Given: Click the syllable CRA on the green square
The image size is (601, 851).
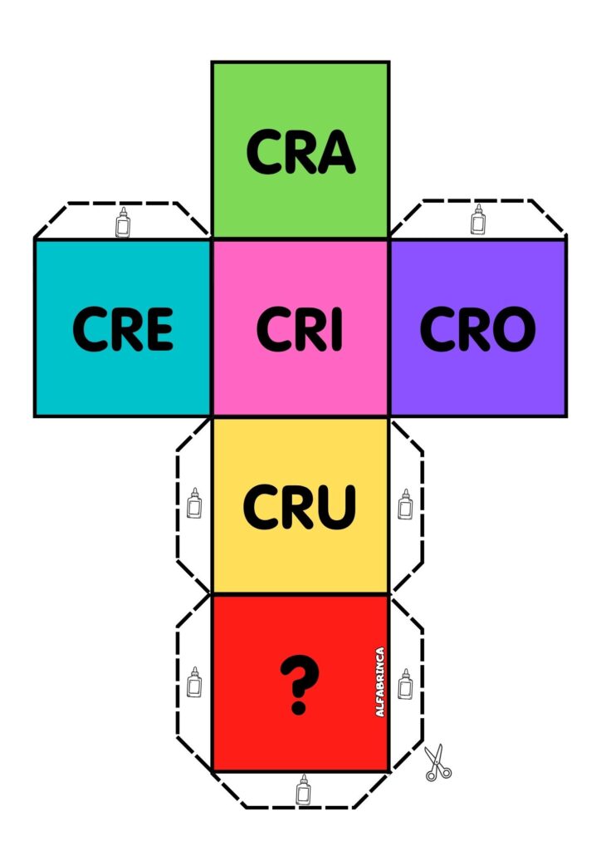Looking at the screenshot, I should pos(300,152).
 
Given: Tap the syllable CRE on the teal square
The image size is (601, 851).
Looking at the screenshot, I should pos(123,329).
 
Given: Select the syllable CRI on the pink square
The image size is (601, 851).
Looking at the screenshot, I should pos(299,329).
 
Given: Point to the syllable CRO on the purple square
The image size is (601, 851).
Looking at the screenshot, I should pos(477,329).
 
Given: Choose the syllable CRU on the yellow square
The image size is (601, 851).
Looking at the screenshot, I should pos(299,506).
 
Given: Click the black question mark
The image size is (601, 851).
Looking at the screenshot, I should pos(299,684).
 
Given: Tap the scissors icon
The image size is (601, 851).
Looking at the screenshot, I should pos(437,762).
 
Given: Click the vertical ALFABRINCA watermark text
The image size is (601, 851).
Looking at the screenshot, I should pos(380,682).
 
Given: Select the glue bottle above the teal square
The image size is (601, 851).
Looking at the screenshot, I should pos(123,223).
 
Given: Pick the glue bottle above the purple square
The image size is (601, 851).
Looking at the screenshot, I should pos(477,219).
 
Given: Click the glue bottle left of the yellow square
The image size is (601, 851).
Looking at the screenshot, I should pos(194,504).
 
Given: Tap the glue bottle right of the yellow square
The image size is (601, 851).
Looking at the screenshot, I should pos(405,504).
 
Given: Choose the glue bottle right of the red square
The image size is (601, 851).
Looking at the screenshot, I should pos(405,683).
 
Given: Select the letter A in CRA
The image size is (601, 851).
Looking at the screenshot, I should pos(337,153).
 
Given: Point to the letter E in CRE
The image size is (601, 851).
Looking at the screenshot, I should pos(158,330).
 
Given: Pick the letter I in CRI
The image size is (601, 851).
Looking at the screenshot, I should pos(335,330).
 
